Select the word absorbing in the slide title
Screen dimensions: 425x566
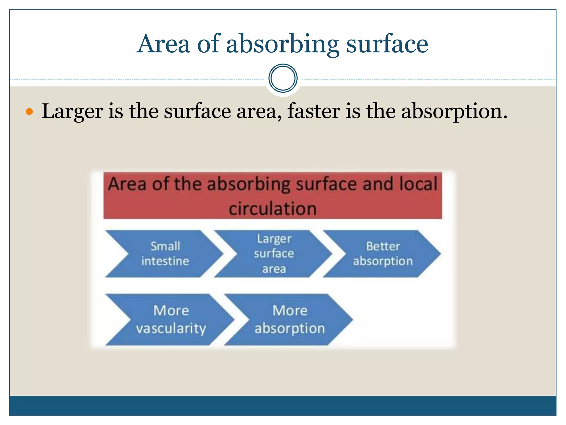282,44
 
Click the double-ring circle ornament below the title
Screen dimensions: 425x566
283,78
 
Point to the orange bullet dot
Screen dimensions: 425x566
29,112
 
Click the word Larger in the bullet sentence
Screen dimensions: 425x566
72,111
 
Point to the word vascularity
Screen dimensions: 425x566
171,328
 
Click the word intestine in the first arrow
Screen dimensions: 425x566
165,261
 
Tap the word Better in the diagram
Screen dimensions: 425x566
383,246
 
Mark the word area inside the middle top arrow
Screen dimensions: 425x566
274,269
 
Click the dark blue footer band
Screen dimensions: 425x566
283,405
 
